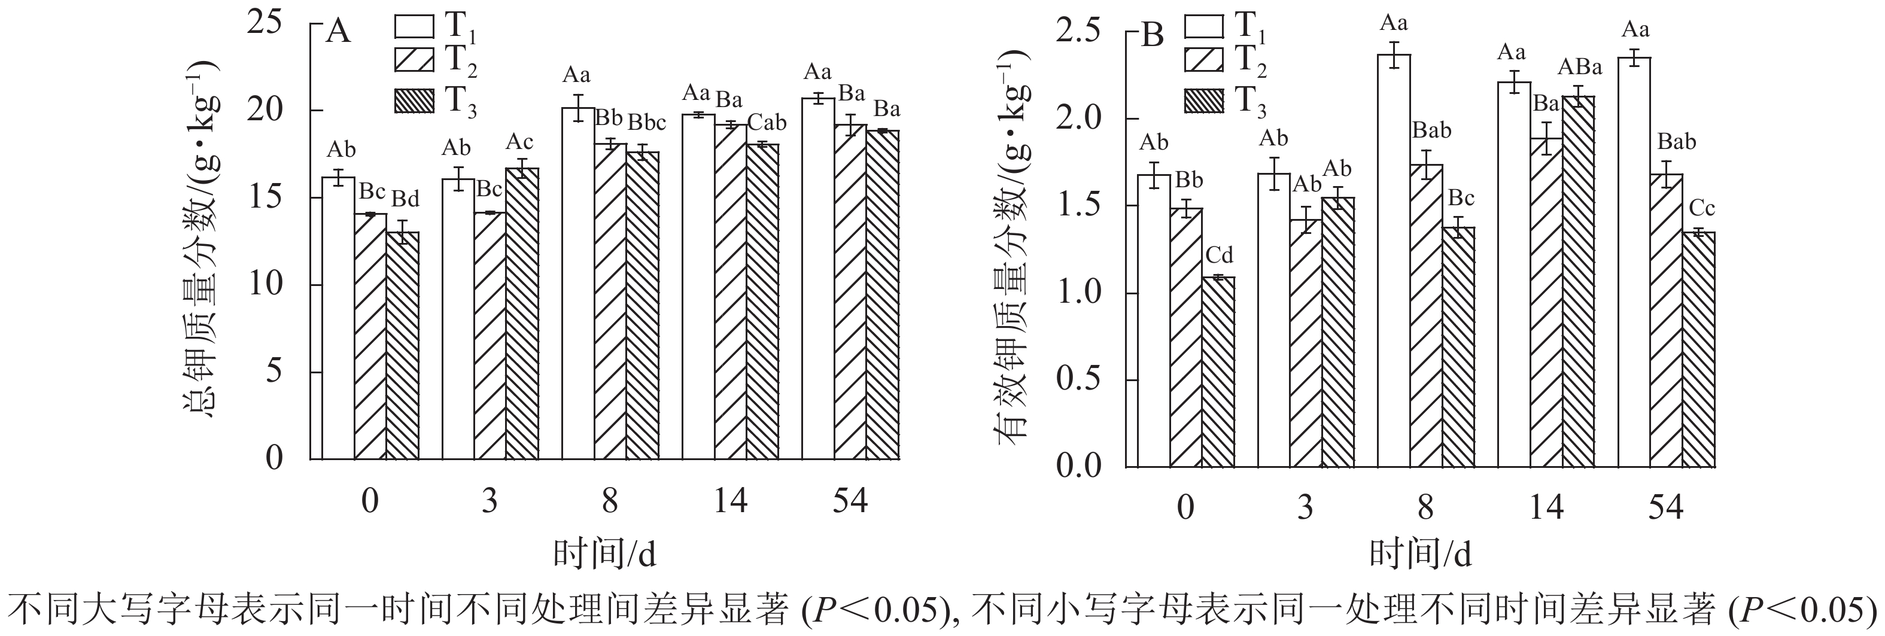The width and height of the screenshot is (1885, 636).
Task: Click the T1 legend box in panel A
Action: tap(414, 26)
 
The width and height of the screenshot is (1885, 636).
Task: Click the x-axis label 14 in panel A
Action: tap(729, 501)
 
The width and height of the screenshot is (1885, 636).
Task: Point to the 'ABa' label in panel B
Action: tap(1579, 68)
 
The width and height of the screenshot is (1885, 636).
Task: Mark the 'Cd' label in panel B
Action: tap(1219, 255)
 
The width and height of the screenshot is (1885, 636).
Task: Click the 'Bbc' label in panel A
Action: tap(647, 122)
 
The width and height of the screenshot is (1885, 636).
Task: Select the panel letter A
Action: tap(338, 33)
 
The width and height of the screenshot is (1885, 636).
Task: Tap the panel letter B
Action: tap(1153, 35)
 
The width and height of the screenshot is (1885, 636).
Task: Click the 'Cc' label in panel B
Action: tap(1702, 209)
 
